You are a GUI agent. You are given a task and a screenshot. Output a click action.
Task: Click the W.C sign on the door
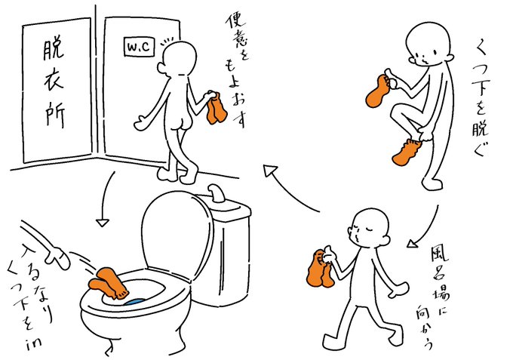pos(140,46)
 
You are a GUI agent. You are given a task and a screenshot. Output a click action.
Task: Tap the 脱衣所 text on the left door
pos(54,84)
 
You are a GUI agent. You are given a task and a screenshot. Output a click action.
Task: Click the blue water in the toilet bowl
pos(134,302)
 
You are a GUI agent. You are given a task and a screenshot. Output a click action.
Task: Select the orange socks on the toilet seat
pos(109,283)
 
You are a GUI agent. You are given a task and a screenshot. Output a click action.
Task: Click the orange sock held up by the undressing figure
pos(378,91)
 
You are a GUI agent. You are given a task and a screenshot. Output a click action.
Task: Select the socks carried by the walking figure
pos(320,269)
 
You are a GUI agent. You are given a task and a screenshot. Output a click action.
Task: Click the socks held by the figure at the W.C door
pos(216,108)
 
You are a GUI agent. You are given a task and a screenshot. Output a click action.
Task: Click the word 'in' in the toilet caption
pos(33,343)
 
